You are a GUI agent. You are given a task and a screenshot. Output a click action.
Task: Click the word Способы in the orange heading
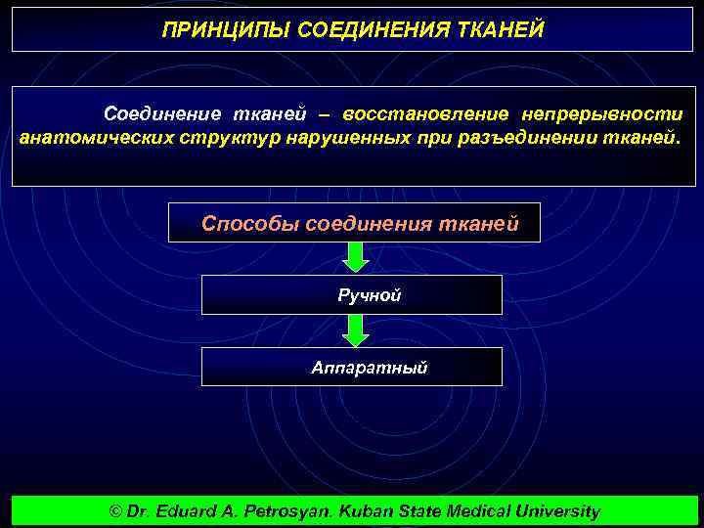pyautogui.click(x=250, y=223)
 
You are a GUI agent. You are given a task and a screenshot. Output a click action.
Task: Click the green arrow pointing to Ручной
pyautogui.click(x=357, y=257)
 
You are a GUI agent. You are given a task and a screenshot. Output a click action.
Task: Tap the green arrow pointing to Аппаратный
pyautogui.click(x=357, y=330)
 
